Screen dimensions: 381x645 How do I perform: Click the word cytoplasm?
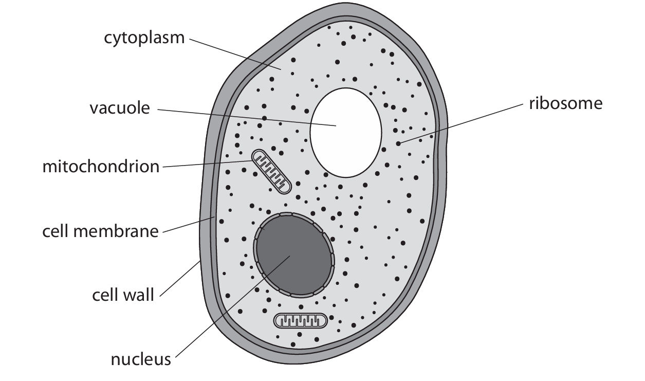144,38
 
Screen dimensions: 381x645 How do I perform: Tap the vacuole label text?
120,108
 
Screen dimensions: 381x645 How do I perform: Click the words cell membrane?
100,231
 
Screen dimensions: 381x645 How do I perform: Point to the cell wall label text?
123,296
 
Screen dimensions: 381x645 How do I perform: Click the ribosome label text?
565,103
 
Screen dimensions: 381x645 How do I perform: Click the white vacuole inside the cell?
345,132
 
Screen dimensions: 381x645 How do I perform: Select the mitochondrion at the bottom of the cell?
301,321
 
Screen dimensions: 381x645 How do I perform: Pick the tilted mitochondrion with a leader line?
271,172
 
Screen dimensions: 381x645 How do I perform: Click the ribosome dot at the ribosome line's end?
398,143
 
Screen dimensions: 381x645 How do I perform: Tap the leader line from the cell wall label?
180,279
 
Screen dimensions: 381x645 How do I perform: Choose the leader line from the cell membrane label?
188,226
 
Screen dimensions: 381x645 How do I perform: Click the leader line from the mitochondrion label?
206,164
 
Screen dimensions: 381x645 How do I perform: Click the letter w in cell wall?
126,296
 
